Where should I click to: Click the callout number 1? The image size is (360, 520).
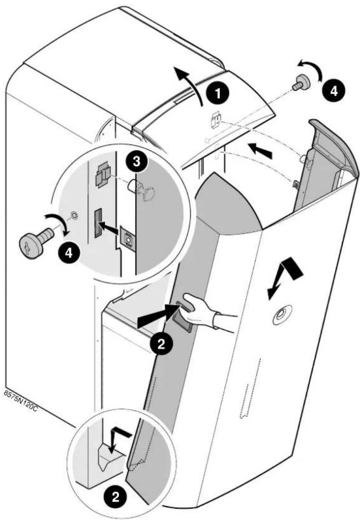tap(218, 93)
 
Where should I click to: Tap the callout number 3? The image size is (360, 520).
tap(136, 162)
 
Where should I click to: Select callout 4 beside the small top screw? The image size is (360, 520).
tap(334, 90)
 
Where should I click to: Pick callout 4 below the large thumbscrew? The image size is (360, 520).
tap(68, 253)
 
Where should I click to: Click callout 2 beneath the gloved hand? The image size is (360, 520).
tap(161, 344)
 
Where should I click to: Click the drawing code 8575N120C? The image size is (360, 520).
tap(20, 402)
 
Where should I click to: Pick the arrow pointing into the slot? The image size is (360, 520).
tap(110, 227)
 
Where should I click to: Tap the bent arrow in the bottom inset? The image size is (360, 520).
tap(118, 439)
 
